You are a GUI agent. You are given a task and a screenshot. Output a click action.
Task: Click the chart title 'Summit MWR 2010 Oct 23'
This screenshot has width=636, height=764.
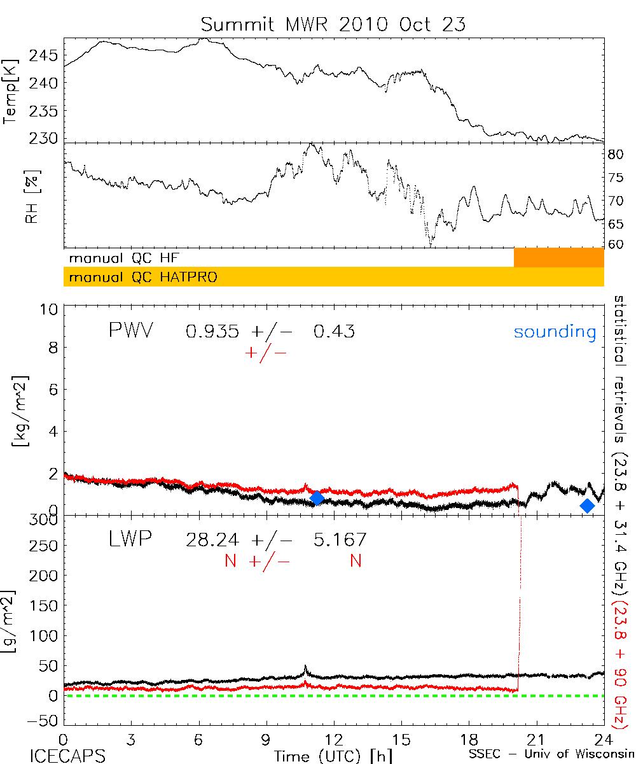click(x=333, y=24)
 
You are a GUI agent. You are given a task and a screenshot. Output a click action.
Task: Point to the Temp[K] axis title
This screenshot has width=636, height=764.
click(x=11, y=91)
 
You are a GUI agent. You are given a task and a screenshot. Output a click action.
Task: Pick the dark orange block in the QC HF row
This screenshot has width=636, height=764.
click(x=558, y=258)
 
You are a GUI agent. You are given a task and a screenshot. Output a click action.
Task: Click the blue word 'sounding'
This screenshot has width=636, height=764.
click(x=555, y=332)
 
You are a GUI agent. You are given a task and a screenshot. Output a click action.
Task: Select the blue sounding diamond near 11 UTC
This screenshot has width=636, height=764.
click(x=317, y=498)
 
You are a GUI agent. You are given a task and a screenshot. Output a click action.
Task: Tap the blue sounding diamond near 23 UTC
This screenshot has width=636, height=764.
click(x=588, y=506)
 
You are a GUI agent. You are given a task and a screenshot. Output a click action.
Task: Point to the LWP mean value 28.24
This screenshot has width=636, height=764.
click(x=212, y=540)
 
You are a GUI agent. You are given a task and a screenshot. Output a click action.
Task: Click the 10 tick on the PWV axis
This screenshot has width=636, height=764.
click(x=51, y=309)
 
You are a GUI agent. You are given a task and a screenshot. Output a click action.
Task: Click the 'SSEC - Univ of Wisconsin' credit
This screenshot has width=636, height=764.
click(x=551, y=756)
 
